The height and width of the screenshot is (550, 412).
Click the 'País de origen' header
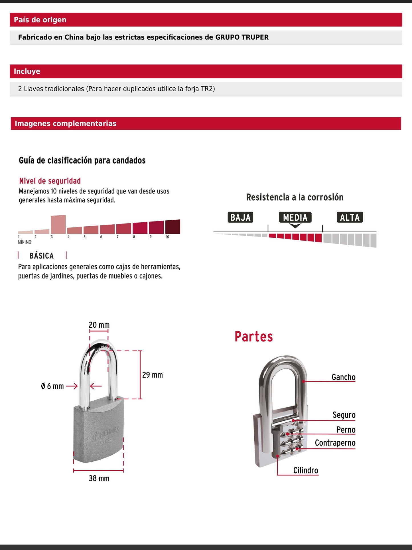click(x=40, y=20)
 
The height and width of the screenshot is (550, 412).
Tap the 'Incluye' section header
click(x=27, y=71)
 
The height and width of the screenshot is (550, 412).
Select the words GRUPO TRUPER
click(x=242, y=37)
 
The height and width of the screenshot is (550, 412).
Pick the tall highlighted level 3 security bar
click(x=58, y=224)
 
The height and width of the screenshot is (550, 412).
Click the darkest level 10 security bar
click(x=172, y=227)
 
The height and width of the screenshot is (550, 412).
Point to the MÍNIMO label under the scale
click(x=25, y=242)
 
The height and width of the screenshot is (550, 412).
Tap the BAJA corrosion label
click(x=240, y=217)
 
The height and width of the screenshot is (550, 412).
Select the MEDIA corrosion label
click(x=295, y=217)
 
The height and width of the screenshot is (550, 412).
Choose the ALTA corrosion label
click(x=350, y=217)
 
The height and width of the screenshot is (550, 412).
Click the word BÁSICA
click(x=42, y=256)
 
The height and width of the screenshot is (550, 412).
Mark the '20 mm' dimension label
click(x=99, y=325)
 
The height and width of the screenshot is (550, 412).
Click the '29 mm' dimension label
click(x=153, y=375)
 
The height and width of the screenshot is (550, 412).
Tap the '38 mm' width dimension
click(x=99, y=478)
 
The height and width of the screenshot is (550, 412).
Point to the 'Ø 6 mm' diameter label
click(x=52, y=386)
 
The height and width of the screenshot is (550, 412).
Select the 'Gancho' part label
click(x=344, y=377)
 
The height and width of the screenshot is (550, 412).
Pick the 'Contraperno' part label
click(x=335, y=443)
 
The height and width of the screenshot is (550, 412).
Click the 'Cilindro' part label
click(x=306, y=470)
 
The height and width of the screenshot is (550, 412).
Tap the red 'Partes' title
click(x=253, y=337)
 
